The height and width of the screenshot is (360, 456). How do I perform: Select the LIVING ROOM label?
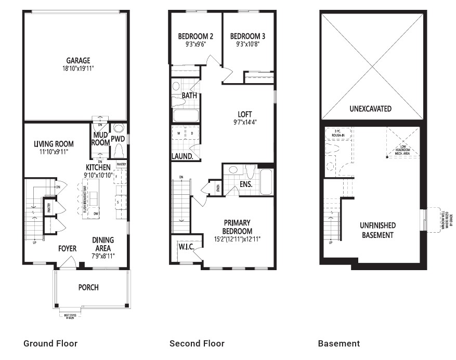point(54,144)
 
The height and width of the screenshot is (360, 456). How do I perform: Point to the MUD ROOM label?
point(100,139)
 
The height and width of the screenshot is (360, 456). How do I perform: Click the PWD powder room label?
point(118,139)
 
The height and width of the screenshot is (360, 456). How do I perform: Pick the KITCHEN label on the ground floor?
point(98,167)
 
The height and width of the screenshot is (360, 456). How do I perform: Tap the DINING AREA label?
point(103,244)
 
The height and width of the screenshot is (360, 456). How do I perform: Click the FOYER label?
point(67,249)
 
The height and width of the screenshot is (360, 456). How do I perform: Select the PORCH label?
point(88,287)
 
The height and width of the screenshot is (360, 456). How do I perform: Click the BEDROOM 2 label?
point(196,36)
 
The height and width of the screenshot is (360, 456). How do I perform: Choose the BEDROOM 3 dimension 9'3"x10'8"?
point(247,45)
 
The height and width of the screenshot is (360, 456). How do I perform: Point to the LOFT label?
point(244,115)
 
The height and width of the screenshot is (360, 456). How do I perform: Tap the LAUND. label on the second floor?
point(183,156)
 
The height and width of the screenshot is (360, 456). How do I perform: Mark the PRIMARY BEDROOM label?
point(238,228)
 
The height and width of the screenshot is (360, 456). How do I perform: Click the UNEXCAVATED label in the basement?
point(371,109)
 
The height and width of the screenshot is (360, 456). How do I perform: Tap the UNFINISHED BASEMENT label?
point(377,230)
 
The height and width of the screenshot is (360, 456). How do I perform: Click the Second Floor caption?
point(197,343)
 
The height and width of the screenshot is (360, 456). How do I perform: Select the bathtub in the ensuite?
point(265,181)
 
